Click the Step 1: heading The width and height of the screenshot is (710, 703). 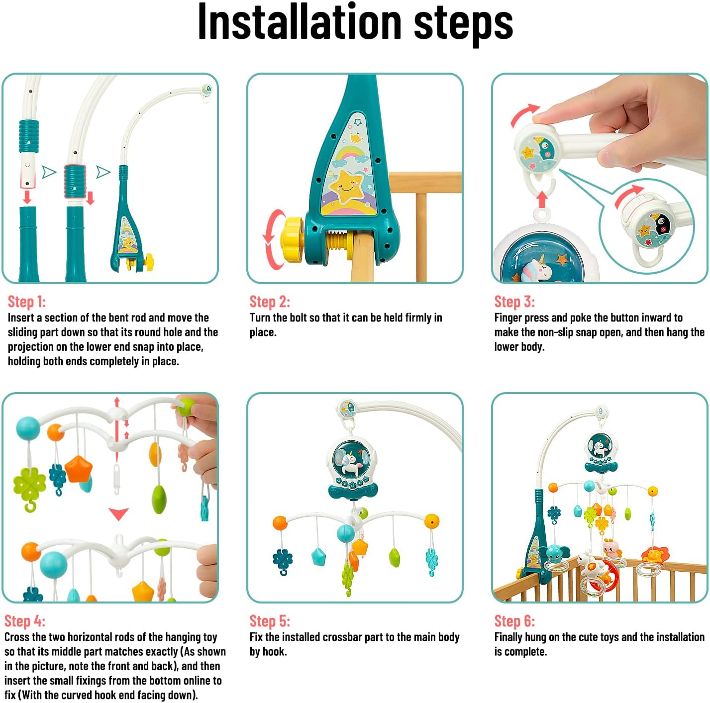click(x=26, y=301)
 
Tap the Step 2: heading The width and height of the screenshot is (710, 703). click(x=270, y=301)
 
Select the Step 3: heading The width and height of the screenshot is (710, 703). click(x=514, y=301)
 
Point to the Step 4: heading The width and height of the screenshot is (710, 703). click(x=25, y=621)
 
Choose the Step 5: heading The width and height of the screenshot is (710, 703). click(x=270, y=621)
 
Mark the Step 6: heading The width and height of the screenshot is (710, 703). click(x=514, y=621)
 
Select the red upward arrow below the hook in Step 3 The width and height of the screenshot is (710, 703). click(x=542, y=200)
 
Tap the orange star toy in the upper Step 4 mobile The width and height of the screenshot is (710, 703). click(x=78, y=469)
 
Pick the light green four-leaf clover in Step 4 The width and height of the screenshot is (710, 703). click(x=29, y=485)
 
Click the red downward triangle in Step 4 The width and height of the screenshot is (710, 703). click(x=118, y=513)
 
